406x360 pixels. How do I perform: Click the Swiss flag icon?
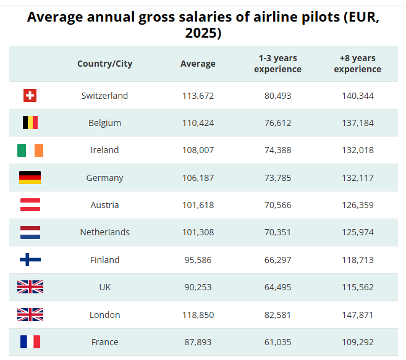coord(30,96)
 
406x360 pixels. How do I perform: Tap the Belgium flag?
coord(30,123)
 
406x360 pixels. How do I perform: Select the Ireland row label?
coord(104,150)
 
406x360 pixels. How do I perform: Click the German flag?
coord(30,178)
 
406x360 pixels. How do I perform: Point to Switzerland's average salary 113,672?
coord(198,96)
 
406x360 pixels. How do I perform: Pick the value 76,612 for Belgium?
coord(277,123)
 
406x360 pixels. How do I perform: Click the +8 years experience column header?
coord(357,64)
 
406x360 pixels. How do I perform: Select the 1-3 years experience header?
coord(277,64)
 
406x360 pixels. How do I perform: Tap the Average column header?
coord(198,64)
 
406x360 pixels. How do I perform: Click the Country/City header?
coord(104,64)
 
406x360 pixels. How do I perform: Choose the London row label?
coord(104,315)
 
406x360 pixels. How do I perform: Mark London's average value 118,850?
coord(198,315)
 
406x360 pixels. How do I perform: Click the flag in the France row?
coord(30,342)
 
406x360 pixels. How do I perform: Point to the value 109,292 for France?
coord(357,342)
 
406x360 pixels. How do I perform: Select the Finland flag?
coord(30,260)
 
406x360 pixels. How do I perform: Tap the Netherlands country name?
coord(104,232)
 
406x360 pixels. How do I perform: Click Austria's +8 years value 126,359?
coord(357,205)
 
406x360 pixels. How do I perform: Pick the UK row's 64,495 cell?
coord(277,287)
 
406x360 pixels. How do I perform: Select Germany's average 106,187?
coord(198,178)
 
